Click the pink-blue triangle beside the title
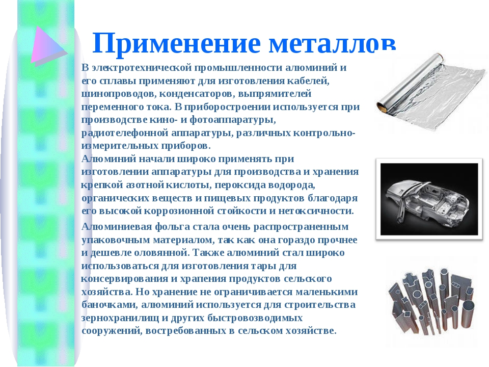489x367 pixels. [49, 46]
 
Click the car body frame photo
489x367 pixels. [429, 199]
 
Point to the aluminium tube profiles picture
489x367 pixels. [432, 301]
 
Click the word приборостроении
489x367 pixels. [227, 107]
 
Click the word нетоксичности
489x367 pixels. [316, 211]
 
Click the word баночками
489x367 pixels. [110, 305]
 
